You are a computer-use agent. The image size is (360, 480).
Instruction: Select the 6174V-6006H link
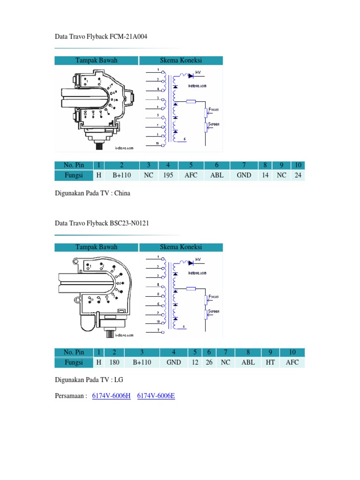click(x=111, y=396)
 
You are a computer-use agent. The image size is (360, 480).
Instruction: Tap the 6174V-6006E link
click(x=156, y=396)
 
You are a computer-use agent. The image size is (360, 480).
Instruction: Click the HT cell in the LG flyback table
click(x=270, y=363)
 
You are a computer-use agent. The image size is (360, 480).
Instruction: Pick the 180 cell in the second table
click(x=113, y=363)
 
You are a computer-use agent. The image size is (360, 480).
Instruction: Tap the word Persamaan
click(x=69, y=396)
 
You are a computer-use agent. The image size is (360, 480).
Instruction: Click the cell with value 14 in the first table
click(x=265, y=175)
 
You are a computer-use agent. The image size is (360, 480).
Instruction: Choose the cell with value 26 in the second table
click(x=208, y=363)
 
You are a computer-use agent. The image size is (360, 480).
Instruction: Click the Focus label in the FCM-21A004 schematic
click(x=213, y=109)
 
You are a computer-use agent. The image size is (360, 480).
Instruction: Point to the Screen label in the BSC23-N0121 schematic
click(x=213, y=311)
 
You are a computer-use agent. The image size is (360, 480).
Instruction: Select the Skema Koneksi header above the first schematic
click(x=181, y=60)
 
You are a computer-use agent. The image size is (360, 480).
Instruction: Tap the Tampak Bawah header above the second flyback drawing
click(x=97, y=247)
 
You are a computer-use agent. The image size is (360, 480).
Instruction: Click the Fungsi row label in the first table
click(x=74, y=175)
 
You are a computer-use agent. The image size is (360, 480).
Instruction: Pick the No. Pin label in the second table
click(x=74, y=352)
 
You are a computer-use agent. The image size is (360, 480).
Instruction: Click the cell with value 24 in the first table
click(x=298, y=175)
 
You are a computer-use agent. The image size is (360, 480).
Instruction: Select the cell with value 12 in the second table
click(x=194, y=363)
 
